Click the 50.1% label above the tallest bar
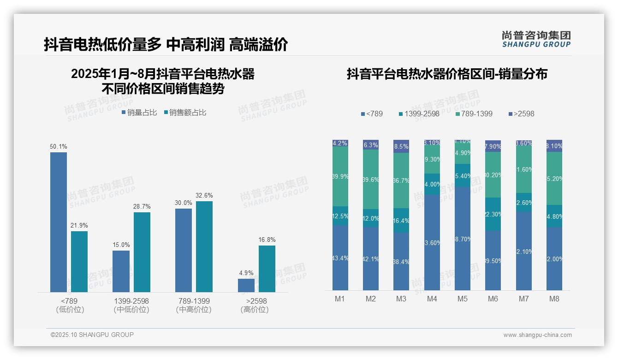tap(59, 147)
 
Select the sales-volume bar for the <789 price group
tap(59, 222)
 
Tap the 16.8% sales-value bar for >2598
tap(267, 269)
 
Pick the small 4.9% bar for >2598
tap(246, 285)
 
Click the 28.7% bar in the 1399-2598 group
tap(142, 252)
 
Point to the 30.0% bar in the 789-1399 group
tap(184, 250)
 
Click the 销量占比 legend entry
tap(139, 113)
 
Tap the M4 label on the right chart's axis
tap(432, 299)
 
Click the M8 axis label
tap(554, 299)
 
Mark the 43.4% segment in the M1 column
tap(340, 258)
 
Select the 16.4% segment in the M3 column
tap(401, 220)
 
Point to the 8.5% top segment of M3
tap(401, 146)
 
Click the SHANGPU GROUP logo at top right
tap(536, 39)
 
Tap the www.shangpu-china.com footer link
tap(537, 335)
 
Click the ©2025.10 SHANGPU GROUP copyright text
tap(92, 335)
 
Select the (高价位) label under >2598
tap(255, 310)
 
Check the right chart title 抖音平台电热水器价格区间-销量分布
tap(447, 74)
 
